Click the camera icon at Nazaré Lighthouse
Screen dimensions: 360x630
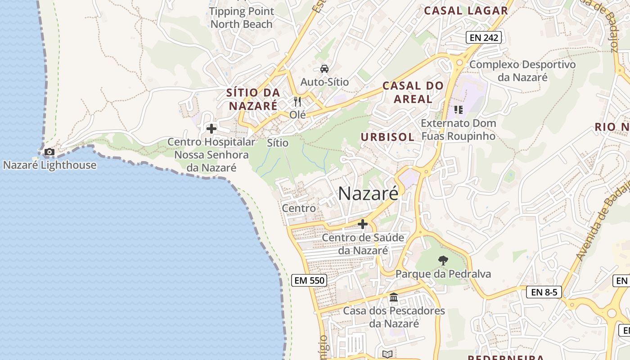[x=49, y=152]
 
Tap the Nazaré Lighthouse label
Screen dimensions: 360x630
[x=49, y=165]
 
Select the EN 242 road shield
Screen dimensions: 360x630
[x=484, y=38]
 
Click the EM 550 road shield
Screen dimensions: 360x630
[x=309, y=280]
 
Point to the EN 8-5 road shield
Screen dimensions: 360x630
[x=544, y=292]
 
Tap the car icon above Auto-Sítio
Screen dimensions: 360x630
[x=324, y=69]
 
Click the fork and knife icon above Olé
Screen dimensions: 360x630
[x=297, y=101]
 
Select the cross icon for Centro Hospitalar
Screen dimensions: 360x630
[x=211, y=129]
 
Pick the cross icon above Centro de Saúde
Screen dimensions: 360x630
[x=363, y=224]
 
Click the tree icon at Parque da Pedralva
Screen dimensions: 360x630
[x=443, y=260]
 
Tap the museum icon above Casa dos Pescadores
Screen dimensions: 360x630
[x=394, y=297]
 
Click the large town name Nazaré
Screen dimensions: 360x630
[x=368, y=193]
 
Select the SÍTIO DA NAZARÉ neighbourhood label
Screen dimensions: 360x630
[x=253, y=99]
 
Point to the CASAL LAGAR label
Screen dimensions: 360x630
[x=466, y=11]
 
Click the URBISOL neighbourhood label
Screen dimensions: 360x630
[x=387, y=137]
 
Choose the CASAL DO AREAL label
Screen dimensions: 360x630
[x=413, y=92]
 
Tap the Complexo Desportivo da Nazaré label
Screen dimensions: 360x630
[x=522, y=71]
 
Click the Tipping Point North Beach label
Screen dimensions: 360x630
[x=242, y=18]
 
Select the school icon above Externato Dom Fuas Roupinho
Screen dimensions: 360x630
[x=459, y=110]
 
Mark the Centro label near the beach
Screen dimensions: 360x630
[x=299, y=208]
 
